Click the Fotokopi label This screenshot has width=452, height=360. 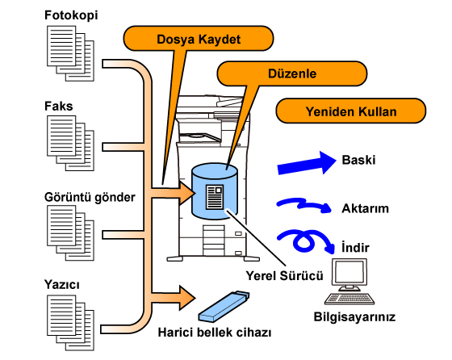[71, 15]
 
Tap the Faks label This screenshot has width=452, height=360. [58, 106]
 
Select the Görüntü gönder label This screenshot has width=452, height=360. [90, 197]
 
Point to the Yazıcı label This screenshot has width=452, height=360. [61, 284]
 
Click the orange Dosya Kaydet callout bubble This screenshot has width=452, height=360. [199, 39]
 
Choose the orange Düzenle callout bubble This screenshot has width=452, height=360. [292, 73]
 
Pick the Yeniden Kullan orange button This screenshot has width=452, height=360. [351, 111]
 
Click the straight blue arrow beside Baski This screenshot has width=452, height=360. [307, 163]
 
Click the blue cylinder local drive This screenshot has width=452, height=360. [215, 191]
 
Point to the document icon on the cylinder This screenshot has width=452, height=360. [215, 197]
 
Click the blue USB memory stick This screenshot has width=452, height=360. [224, 307]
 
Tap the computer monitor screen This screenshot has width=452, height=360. [349, 272]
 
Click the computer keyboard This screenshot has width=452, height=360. [349, 299]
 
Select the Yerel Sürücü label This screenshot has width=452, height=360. [284, 276]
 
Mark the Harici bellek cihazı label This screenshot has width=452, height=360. [215, 333]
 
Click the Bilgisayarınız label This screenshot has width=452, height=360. [354, 316]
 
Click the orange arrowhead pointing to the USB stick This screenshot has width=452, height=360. [186, 298]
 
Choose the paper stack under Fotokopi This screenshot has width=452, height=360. [70, 53]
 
